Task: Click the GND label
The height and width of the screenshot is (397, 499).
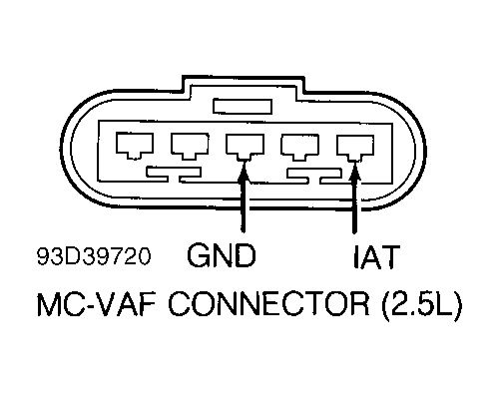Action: tap(221, 258)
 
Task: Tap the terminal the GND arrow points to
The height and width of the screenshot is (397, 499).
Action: tap(241, 147)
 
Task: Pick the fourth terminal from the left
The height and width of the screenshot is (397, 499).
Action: tap(298, 147)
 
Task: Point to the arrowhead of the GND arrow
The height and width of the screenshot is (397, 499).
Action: tap(241, 175)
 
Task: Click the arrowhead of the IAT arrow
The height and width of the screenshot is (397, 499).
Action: tap(355, 175)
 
